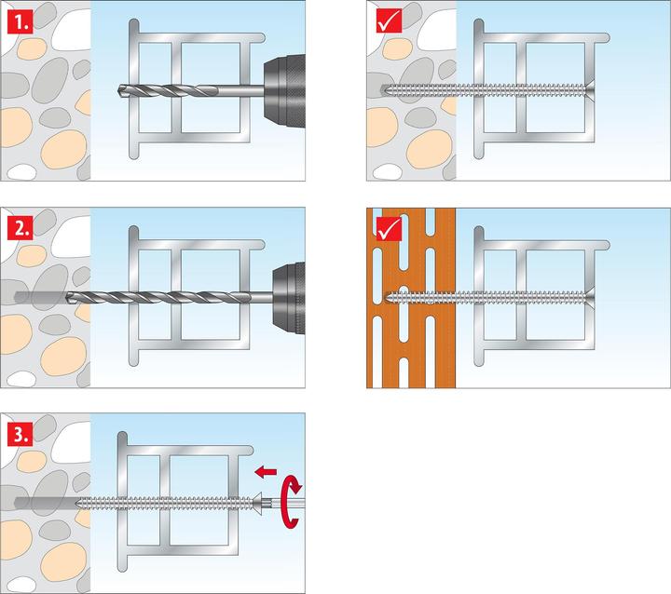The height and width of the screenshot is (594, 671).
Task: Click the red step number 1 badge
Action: (21, 21)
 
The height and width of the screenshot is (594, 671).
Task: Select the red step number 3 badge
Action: (21, 434)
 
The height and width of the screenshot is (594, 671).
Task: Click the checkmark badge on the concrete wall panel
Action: (389, 20)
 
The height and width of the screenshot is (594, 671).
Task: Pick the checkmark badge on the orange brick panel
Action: (389, 228)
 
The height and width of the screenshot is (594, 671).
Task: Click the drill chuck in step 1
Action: (284, 91)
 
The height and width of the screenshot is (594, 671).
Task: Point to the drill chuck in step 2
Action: (289, 298)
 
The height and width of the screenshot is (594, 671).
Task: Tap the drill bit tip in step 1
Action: (118, 90)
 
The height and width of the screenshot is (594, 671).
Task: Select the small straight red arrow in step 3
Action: (266, 472)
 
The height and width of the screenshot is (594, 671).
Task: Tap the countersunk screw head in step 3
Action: (256, 504)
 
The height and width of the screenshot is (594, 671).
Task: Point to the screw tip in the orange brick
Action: (387, 297)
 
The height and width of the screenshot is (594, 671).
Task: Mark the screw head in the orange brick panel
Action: (589, 297)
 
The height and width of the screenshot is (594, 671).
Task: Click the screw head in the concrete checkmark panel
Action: (589, 90)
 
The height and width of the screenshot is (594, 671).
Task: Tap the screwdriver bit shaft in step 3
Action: (283, 504)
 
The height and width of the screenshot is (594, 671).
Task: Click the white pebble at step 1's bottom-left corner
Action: (21, 172)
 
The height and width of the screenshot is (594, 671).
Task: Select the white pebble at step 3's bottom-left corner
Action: (21, 585)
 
